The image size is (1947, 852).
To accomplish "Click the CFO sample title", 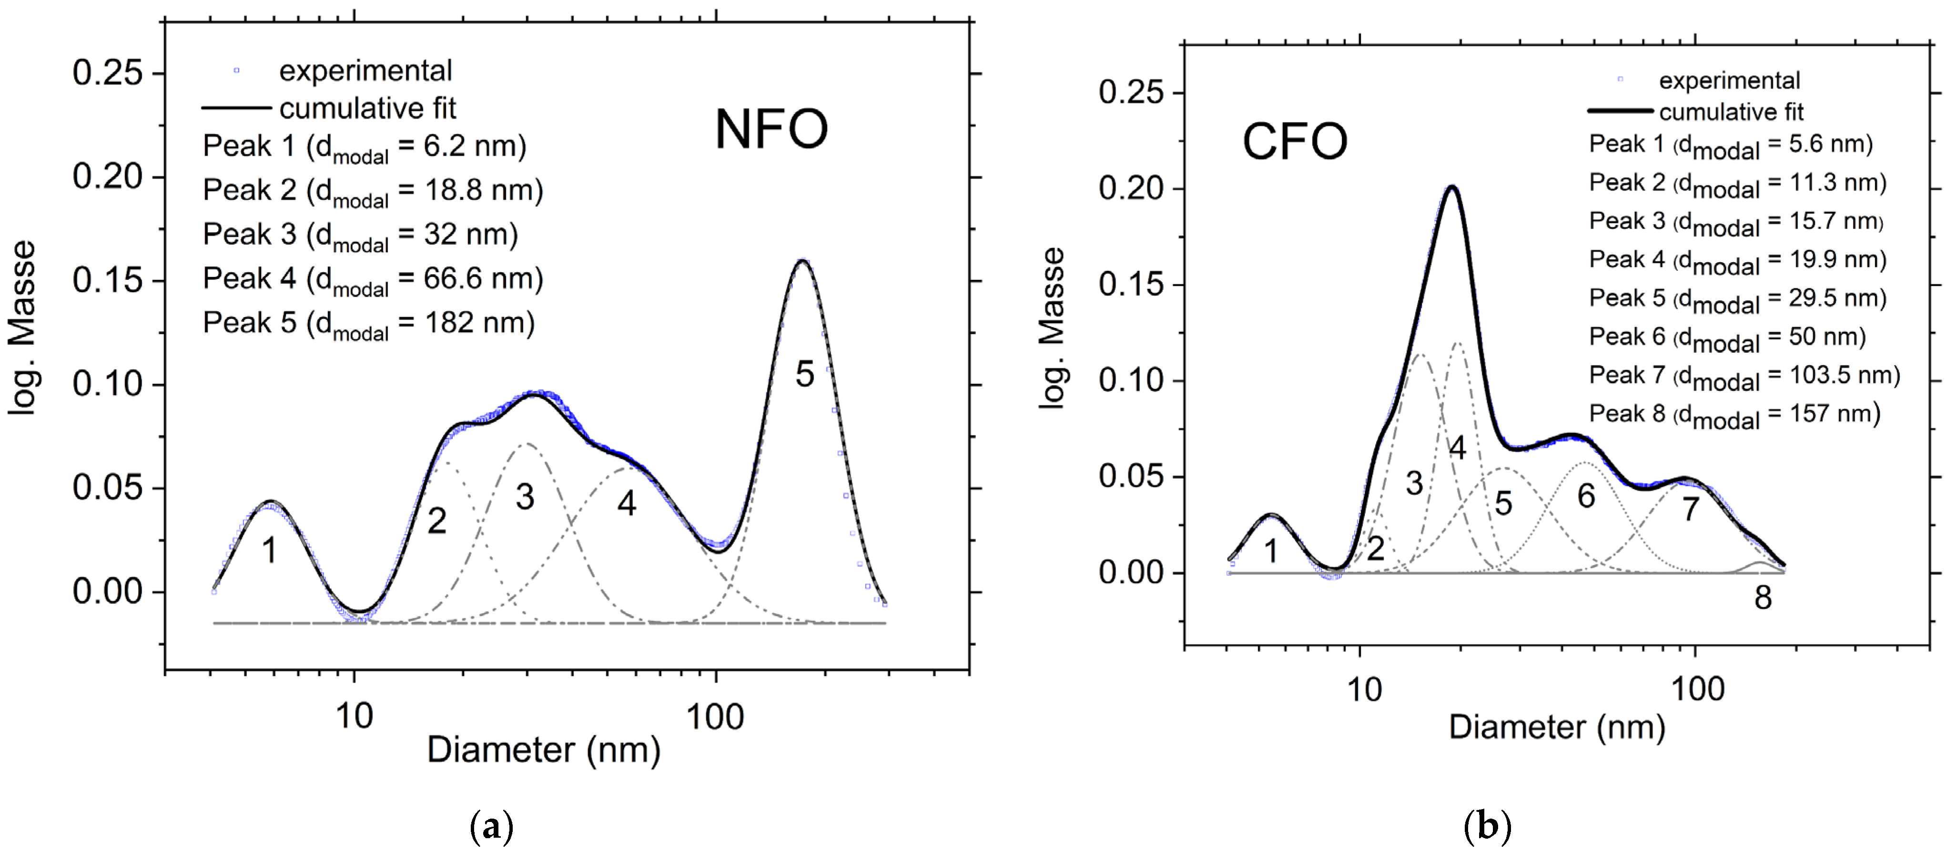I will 1294,142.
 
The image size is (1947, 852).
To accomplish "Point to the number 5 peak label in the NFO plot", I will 804,375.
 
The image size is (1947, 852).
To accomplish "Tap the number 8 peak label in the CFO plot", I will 1763,598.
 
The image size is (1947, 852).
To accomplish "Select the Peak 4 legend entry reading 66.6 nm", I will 373,279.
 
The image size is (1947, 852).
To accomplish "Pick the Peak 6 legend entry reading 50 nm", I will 1727,337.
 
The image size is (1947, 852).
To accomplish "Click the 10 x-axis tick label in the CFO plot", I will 1363,689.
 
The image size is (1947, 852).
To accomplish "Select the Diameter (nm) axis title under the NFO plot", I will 543,750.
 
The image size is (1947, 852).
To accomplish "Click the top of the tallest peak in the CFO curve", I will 1451,187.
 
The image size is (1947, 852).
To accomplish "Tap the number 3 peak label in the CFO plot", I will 1413,483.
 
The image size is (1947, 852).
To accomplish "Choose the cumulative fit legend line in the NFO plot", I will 236,109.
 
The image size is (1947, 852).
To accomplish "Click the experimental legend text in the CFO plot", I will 1729,80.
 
